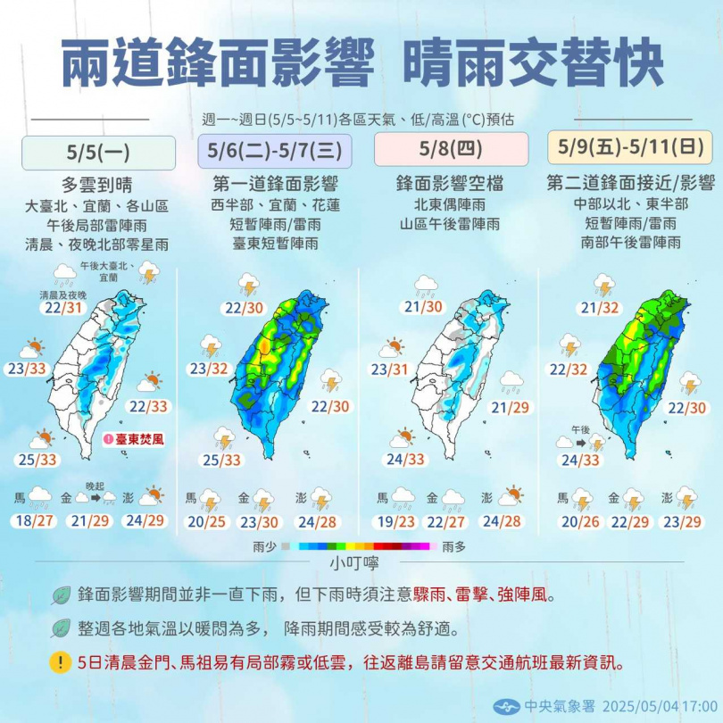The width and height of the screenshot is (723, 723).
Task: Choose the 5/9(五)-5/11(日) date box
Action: pyautogui.click(x=629, y=146)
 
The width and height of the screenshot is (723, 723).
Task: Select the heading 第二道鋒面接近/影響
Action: pyautogui.click(x=630, y=184)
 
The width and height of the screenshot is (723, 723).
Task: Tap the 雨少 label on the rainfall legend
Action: pyautogui.click(x=266, y=544)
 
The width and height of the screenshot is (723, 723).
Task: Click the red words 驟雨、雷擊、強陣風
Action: pyautogui.click(x=485, y=594)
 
